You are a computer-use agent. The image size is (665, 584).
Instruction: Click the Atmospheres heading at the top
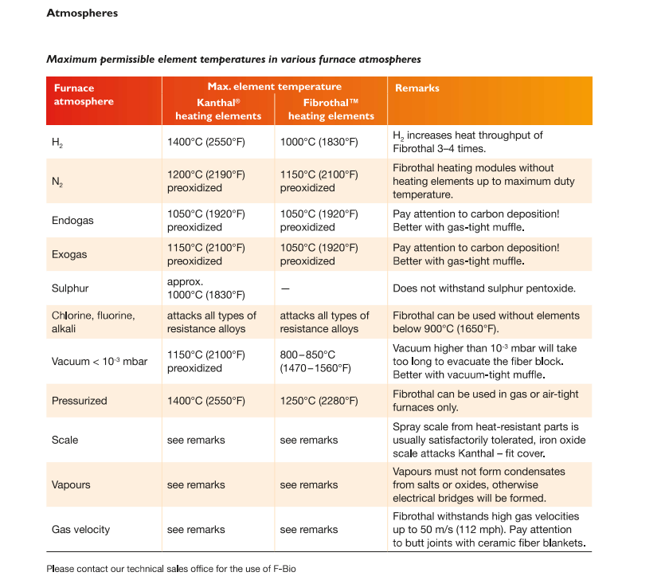82,14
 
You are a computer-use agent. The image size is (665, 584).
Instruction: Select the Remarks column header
417,88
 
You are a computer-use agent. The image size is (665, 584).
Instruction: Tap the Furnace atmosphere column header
83,95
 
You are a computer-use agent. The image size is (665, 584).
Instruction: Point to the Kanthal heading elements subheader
217,109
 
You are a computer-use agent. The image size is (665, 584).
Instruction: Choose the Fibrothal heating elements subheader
331,109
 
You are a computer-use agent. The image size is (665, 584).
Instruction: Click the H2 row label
57,143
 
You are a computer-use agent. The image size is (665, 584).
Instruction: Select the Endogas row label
72,220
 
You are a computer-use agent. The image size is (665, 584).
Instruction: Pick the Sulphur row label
69,288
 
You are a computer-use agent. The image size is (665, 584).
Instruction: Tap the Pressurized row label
79,401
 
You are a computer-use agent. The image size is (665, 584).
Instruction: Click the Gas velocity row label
80,529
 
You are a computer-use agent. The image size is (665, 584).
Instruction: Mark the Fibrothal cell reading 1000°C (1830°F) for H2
319,142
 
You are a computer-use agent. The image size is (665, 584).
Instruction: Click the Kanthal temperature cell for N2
205,181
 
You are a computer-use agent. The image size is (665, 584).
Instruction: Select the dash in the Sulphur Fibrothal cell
284,288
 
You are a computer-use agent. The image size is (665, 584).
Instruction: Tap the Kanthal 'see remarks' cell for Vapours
196,484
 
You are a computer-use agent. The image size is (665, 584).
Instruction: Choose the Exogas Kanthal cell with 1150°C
205,254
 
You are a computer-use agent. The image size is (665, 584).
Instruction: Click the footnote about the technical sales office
176,568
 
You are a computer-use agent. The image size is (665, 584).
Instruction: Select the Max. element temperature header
274,86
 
